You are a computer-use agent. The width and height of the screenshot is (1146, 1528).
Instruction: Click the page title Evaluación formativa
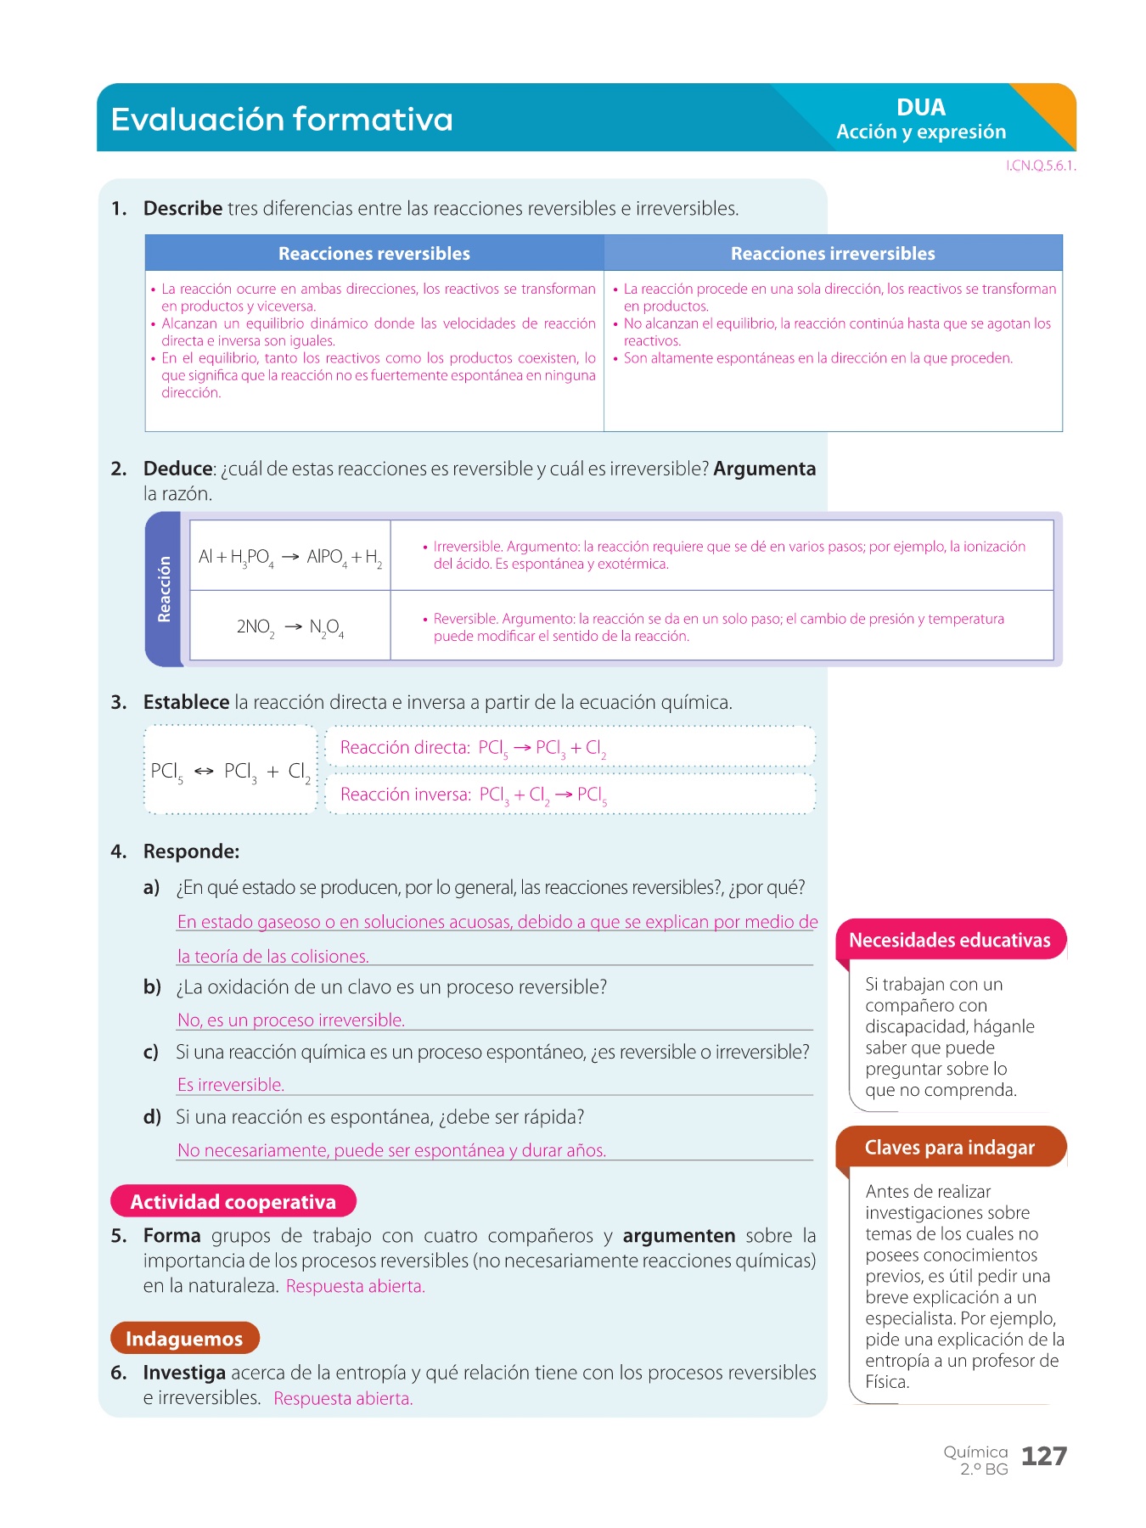tap(282, 120)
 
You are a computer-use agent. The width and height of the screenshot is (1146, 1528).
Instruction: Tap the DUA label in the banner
tap(920, 108)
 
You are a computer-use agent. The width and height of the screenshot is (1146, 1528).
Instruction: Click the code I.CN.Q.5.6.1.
tap(1041, 166)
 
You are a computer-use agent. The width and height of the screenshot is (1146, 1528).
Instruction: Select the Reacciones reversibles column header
tap(374, 254)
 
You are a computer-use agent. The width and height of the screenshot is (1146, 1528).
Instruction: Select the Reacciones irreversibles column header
tap(833, 254)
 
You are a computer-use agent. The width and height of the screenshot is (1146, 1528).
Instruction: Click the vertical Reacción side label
tap(165, 589)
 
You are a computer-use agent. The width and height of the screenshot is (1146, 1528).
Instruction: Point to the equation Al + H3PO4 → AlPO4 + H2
tap(290, 557)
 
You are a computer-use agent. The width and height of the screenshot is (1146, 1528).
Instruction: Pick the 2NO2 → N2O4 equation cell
tap(290, 627)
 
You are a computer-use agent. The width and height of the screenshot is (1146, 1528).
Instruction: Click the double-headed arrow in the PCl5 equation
tap(204, 772)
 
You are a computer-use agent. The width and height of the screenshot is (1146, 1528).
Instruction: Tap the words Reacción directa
tap(405, 748)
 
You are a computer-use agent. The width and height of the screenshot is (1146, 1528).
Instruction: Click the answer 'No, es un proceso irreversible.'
tap(291, 1020)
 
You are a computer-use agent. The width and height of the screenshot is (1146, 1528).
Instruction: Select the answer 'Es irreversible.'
tap(231, 1085)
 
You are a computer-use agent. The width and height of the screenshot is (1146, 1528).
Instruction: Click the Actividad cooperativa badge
tap(233, 1202)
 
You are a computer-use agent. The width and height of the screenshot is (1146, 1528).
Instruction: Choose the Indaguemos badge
tap(184, 1339)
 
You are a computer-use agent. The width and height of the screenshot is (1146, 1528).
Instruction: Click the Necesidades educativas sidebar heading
tap(950, 941)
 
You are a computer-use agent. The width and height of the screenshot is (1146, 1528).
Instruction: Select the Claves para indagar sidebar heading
tap(950, 1148)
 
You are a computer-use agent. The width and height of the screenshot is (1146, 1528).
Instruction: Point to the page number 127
tap(1044, 1457)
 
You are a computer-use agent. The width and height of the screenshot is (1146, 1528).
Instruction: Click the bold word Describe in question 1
tap(183, 209)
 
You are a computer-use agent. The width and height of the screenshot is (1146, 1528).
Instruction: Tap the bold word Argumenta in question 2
tap(764, 469)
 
